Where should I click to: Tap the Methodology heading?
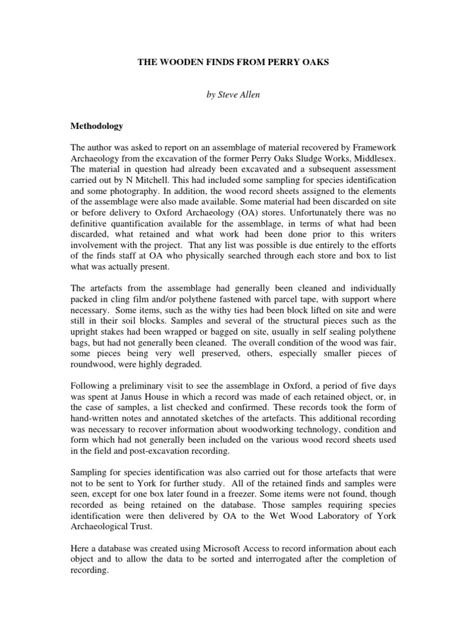pyautogui.click(x=97, y=127)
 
